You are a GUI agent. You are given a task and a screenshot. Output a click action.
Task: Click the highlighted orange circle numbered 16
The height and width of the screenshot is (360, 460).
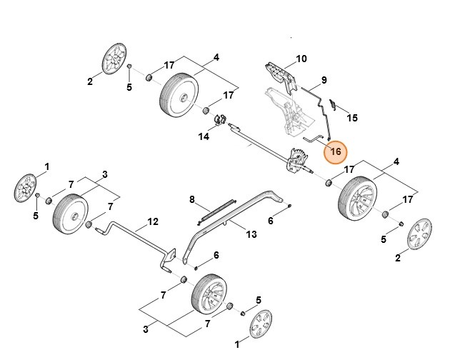pos(336,152)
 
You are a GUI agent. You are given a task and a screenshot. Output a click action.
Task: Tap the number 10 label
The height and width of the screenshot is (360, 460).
pos(301,59)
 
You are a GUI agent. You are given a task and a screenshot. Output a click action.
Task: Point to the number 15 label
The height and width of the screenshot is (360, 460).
pos(351,117)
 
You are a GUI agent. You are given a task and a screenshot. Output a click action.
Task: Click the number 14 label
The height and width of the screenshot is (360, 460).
pos(204,136)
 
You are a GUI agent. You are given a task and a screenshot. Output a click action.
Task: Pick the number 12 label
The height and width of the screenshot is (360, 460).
pos(152,221)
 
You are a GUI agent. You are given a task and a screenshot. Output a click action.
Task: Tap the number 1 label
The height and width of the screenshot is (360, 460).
pos(47,166)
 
